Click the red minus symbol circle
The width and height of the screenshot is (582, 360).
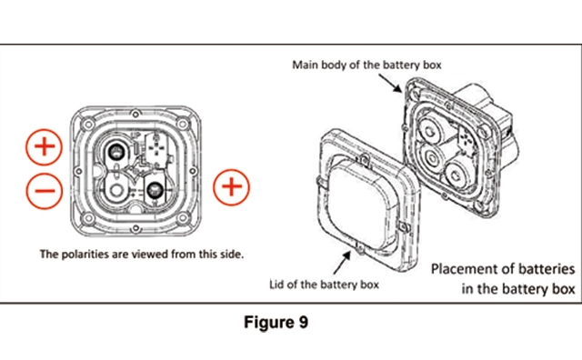pyautogui.click(x=45, y=191)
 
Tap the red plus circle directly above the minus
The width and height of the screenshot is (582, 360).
pyautogui.click(x=45, y=147)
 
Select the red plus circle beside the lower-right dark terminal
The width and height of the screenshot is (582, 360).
pyautogui.click(x=232, y=187)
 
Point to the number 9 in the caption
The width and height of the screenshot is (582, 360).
pyautogui.click(x=303, y=322)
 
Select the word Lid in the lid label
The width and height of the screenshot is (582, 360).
pyautogui.click(x=276, y=285)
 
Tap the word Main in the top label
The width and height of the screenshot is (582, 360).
pyautogui.click(x=306, y=65)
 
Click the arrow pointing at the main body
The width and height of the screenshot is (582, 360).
pyautogui.click(x=390, y=83)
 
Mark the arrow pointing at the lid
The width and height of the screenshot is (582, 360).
pyautogui.click(x=342, y=263)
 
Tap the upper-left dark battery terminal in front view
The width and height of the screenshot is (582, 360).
pyautogui.click(x=117, y=152)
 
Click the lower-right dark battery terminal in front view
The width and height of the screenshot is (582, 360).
pyautogui.click(x=155, y=190)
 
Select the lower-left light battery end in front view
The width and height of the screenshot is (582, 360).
pyautogui.click(x=116, y=190)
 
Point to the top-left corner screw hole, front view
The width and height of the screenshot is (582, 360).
pyautogui.click(x=88, y=124)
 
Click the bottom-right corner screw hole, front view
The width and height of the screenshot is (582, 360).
pyautogui.click(x=183, y=218)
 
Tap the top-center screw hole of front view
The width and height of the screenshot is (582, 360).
pyautogui.click(x=135, y=114)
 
